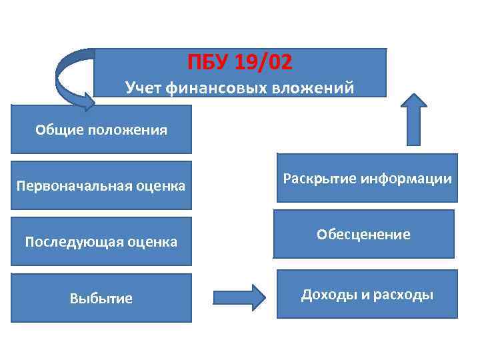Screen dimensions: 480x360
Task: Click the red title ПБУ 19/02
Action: click(x=240, y=63)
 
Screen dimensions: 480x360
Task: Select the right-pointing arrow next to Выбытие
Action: click(x=239, y=297)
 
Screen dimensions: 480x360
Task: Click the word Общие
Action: click(x=59, y=129)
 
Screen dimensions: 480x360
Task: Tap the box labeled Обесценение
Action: click(x=363, y=234)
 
